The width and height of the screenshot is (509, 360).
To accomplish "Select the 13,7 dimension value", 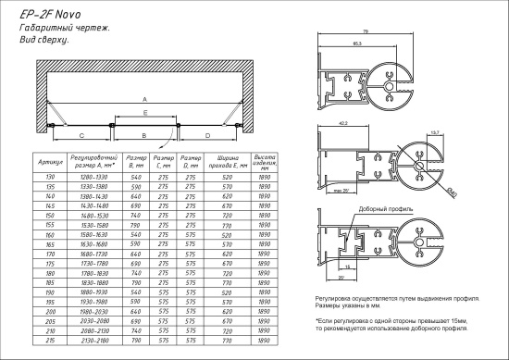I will pyautogui.click(x=435, y=133).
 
